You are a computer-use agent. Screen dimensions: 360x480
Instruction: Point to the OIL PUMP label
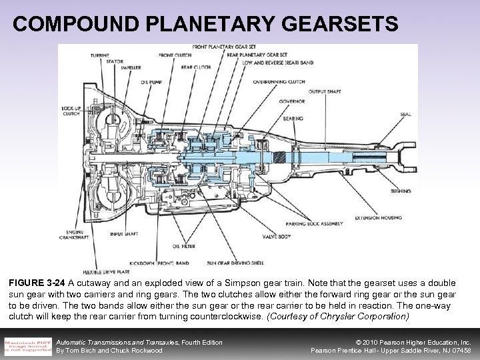click(x=151, y=83)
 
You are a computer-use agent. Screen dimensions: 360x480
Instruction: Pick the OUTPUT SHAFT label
click(x=326, y=91)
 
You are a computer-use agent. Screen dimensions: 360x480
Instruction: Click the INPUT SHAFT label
click(x=125, y=235)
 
